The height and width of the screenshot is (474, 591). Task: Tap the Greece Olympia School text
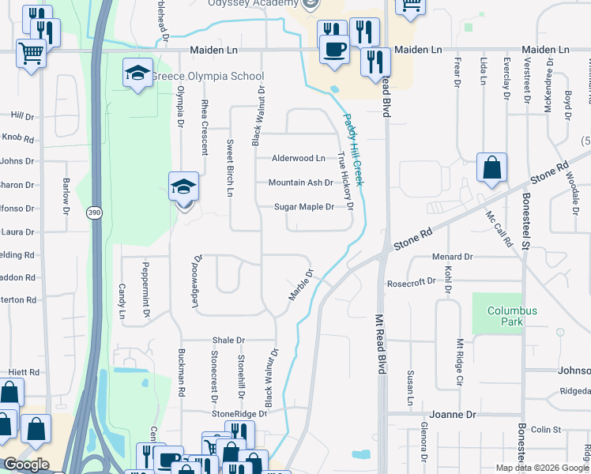207,77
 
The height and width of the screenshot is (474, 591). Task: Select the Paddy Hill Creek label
352,150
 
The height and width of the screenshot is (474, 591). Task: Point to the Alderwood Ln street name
298,158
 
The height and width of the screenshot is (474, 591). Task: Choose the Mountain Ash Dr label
300,182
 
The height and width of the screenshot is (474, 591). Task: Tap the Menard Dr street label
452,257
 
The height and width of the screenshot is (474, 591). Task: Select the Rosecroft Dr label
411,282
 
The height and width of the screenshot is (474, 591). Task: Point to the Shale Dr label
228,340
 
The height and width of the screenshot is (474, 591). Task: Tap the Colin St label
546,430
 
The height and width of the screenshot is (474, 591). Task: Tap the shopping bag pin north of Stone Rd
491,167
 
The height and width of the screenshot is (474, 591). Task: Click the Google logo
26,465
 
